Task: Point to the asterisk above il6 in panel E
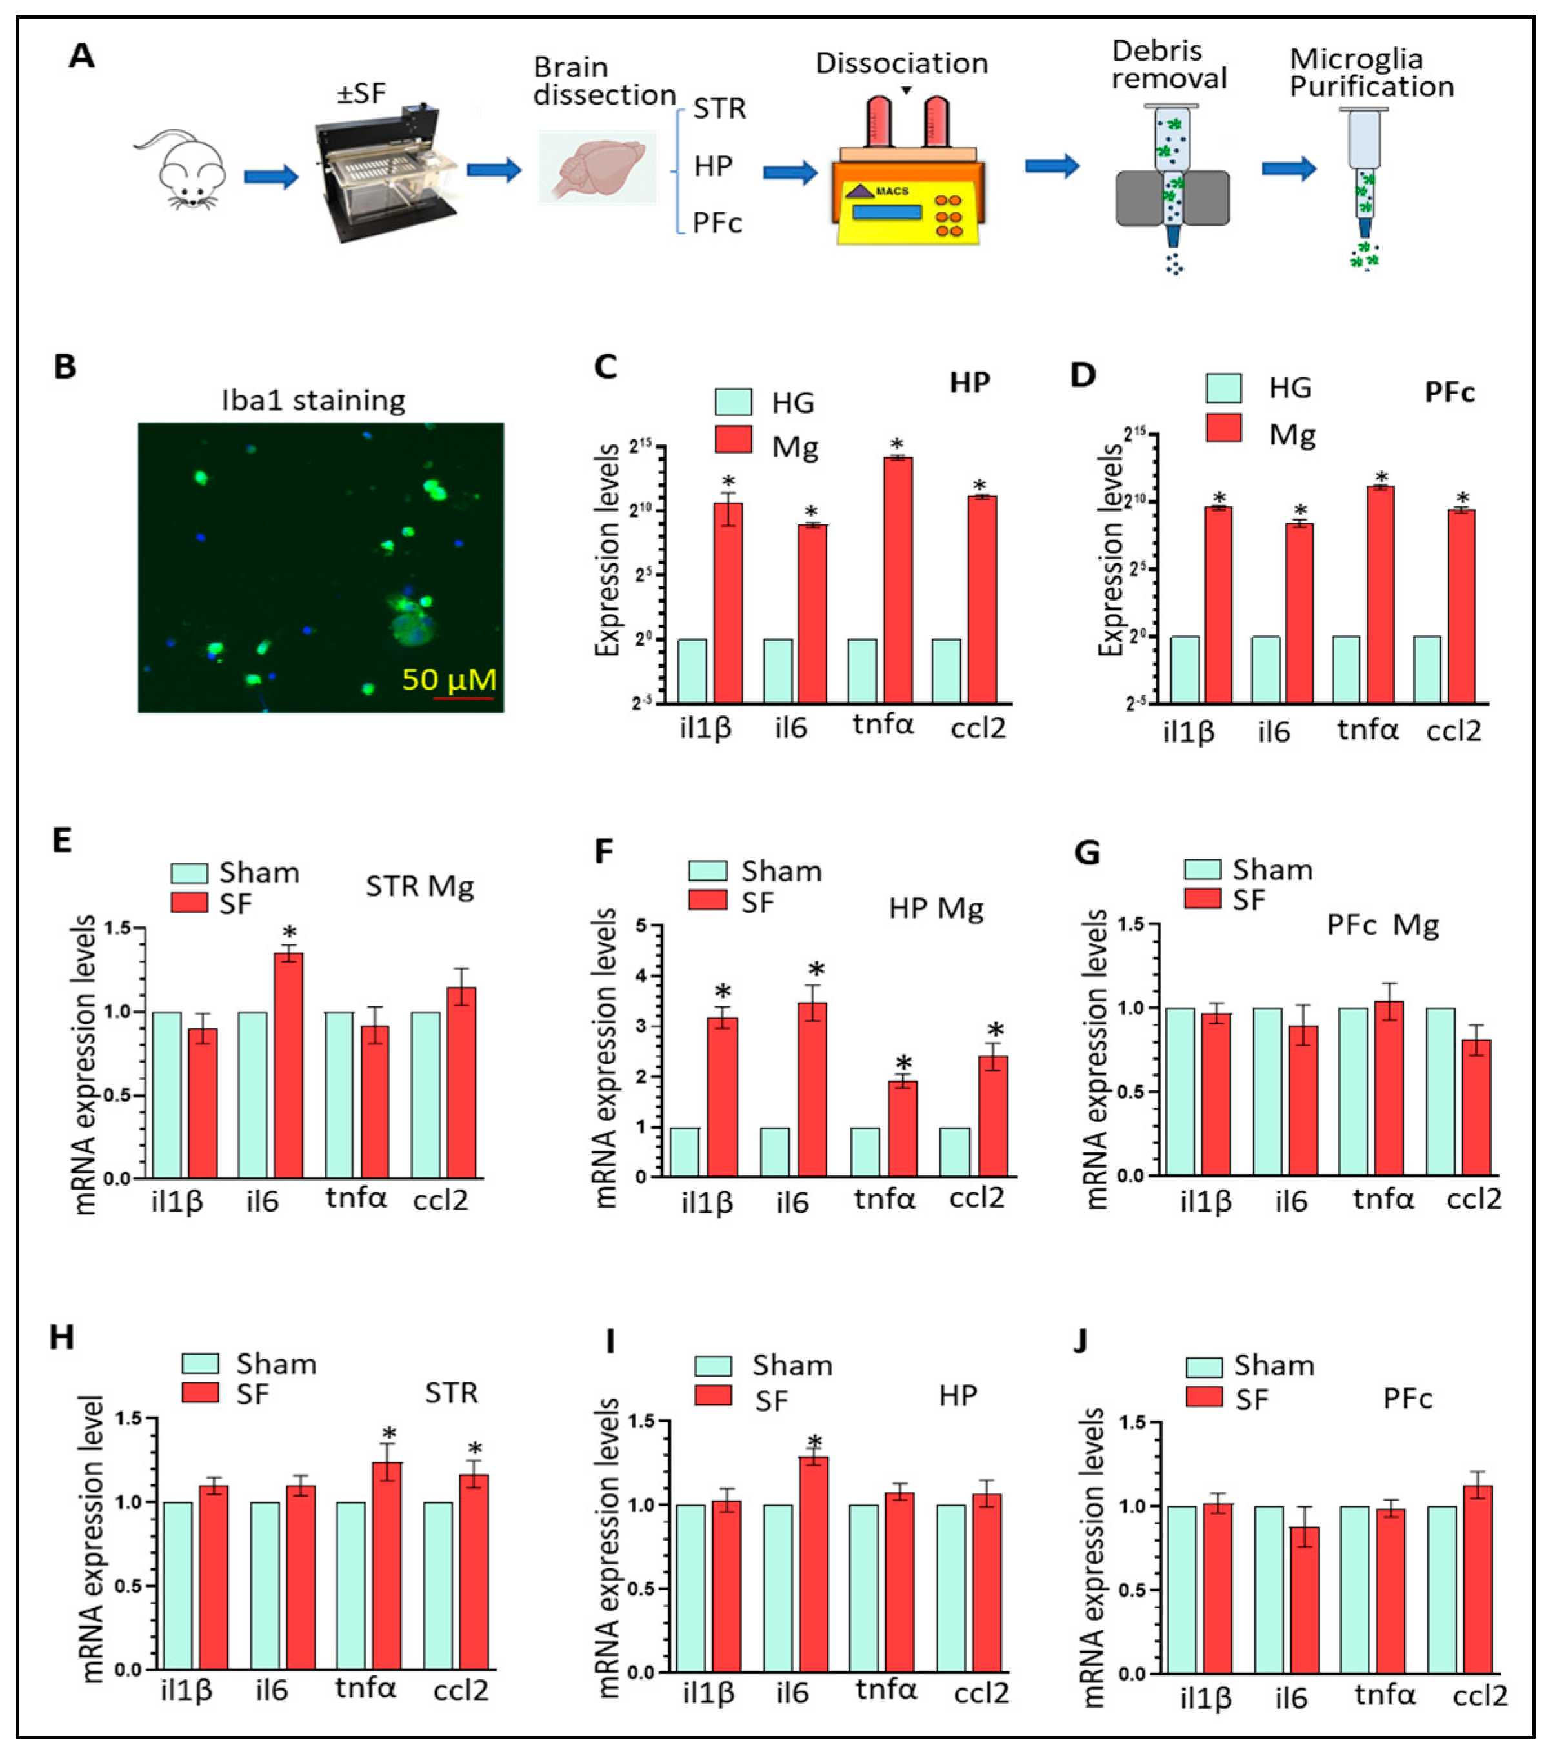(x=290, y=933)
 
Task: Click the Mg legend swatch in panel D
(x=1223, y=427)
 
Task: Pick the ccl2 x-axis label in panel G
(x=1474, y=1199)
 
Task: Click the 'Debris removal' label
(x=1169, y=65)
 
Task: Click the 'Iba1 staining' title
(x=313, y=401)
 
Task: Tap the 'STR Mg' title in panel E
(x=419, y=886)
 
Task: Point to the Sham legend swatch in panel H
(x=200, y=1363)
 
